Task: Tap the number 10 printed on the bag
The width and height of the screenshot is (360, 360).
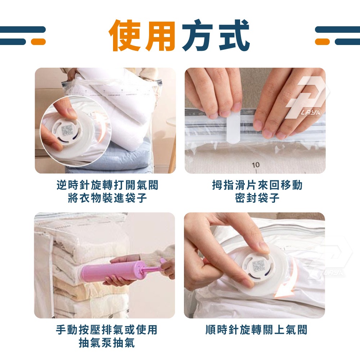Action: point(256,165)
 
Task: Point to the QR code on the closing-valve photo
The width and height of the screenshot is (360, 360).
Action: point(258,266)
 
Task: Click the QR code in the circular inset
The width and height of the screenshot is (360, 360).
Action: point(67,130)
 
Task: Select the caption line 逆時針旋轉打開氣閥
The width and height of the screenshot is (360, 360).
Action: point(107,185)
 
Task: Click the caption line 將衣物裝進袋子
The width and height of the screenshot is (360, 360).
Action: point(107,198)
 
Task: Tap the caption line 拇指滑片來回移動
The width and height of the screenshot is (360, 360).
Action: point(257,185)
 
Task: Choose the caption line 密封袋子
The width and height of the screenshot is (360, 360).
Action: point(257,198)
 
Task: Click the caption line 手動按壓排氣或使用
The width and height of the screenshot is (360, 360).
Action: point(107,330)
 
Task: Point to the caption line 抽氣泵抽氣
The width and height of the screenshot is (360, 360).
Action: point(107,343)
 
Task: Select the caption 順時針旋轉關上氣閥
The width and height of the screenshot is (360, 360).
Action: point(256,330)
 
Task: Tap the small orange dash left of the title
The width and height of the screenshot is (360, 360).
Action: point(38,41)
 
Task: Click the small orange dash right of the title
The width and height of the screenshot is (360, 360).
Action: point(322,41)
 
